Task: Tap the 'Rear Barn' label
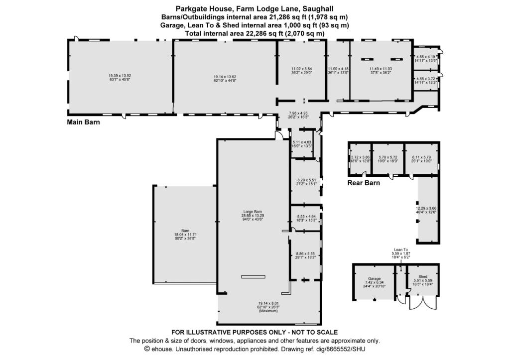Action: (364, 183)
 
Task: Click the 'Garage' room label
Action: (374, 279)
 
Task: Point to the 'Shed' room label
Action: (423, 277)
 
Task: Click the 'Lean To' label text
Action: (401, 249)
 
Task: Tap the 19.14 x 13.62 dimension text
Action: (224, 76)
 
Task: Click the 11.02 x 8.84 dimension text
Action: (301, 69)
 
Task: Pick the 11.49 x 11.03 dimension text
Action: (381, 69)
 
